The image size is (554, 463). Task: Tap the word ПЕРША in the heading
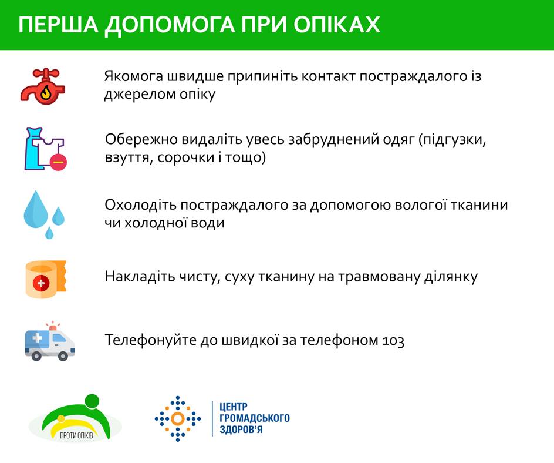pos(58,25)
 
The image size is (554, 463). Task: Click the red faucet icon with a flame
pos(43,86)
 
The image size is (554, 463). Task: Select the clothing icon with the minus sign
pos(45,149)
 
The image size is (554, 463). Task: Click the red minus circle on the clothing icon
pos(58,162)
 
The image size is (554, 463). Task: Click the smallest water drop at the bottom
pos(49,233)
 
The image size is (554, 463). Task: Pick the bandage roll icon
pos(46,279)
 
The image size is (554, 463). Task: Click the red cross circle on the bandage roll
pos(41,283)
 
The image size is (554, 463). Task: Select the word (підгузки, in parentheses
pos(452,140)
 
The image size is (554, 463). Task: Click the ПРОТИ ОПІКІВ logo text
pos(77,435)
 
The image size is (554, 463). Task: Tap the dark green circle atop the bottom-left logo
pos(93,402)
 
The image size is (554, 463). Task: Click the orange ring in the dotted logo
pos(178,419)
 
